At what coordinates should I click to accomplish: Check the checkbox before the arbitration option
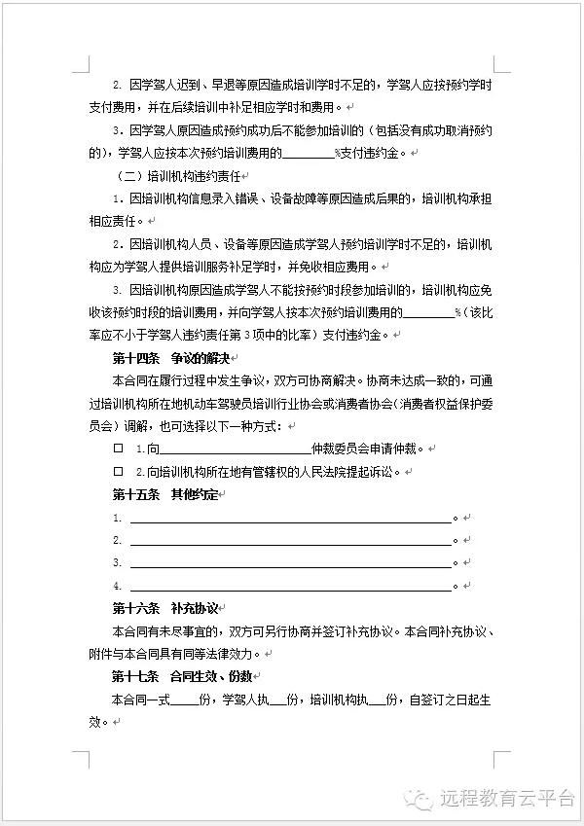tap(119, 449)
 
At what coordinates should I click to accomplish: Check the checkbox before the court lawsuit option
tap(119, 472)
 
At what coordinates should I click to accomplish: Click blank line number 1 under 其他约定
tap(291, 519)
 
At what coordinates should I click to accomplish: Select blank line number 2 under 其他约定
tap(291, 541)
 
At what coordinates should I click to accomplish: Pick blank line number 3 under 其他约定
tap(291, 563)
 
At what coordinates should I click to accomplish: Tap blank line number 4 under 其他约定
tap(291, 586)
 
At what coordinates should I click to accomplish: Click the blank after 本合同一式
tap(183, 700)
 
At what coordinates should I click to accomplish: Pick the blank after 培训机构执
tap(374, 700)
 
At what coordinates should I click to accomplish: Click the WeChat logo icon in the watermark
tap(422, 799)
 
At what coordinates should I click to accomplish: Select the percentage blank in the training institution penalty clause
tap(427, 313)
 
